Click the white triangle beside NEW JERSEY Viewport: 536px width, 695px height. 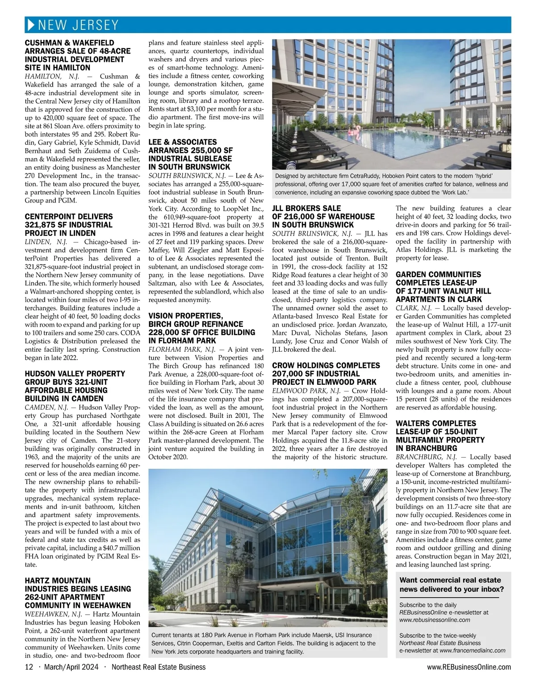click(31, 25)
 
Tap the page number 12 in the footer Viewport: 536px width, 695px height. click(29, 667)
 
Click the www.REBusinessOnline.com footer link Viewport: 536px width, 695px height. click(469, 667)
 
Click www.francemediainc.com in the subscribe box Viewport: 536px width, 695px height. click(473, 650)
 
